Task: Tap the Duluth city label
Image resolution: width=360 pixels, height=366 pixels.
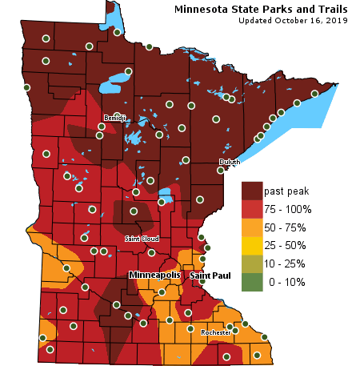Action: tap(230, 162)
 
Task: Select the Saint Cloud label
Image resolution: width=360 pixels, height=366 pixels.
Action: tap(142, 239)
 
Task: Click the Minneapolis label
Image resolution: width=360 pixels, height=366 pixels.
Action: tap(155, 275)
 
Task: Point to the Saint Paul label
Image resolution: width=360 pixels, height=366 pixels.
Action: tap(210, 276)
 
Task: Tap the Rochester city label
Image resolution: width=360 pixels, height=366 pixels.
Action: tap(216, 332)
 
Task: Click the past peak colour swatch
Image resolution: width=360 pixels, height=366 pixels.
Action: tap(252, 191)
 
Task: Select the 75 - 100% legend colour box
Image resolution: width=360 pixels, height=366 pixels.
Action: tap(252, 209)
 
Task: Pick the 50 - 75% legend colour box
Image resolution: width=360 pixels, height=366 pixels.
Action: tap(252, 227)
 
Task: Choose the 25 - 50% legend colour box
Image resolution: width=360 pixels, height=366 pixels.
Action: tap(252, 245)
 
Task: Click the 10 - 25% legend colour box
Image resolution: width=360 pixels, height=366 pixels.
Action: tap(252, 263)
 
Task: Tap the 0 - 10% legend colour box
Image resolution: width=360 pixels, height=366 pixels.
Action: tap(252, 281)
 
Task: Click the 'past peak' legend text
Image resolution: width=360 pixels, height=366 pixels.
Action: tap(286, 191)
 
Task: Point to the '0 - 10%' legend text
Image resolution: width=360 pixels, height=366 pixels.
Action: tap(286, 281)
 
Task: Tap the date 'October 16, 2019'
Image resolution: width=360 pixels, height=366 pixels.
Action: tap(310, 20)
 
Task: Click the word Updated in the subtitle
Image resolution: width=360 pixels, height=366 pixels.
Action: tap(256, 20)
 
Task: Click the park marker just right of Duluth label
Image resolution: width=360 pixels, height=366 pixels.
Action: tap(222, 170)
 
